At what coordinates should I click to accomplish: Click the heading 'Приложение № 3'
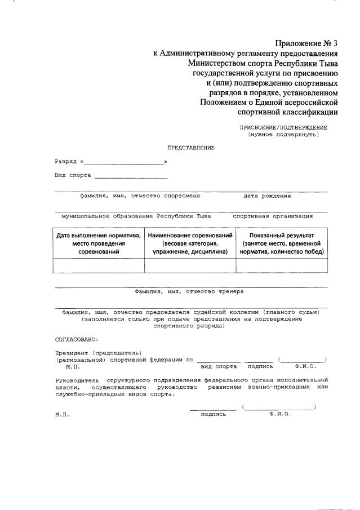click(306, 43)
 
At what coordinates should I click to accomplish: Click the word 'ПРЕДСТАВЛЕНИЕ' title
click(190, 148)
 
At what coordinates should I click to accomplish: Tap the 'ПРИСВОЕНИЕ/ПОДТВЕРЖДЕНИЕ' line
click(283, 127)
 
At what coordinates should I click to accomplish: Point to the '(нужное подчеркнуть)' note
click(283, 135)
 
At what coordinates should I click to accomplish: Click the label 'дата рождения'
click(267, 196)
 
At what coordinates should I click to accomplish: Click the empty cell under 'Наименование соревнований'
click(190, 265)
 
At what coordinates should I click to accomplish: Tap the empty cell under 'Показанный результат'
click(281, 265)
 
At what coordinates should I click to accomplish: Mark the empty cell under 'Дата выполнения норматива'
click(99, 265)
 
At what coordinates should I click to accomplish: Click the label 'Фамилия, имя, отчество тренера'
click(189, 292)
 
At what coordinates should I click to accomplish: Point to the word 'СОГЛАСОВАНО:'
click(76, 339)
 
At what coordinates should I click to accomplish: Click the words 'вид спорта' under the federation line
click(219, 366)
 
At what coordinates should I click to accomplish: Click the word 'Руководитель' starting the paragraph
click(77, 380)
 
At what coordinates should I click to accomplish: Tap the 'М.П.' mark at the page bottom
click(61, 414)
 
